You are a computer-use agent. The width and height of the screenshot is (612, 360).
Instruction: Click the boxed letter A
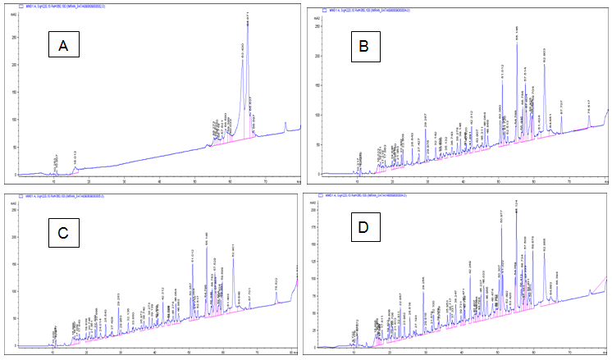(x=63, y=46)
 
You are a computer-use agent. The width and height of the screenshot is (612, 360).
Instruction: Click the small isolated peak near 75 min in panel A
(x=285, y=124)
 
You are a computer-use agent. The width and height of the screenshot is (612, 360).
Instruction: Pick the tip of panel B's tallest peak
(x=517, y=45)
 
